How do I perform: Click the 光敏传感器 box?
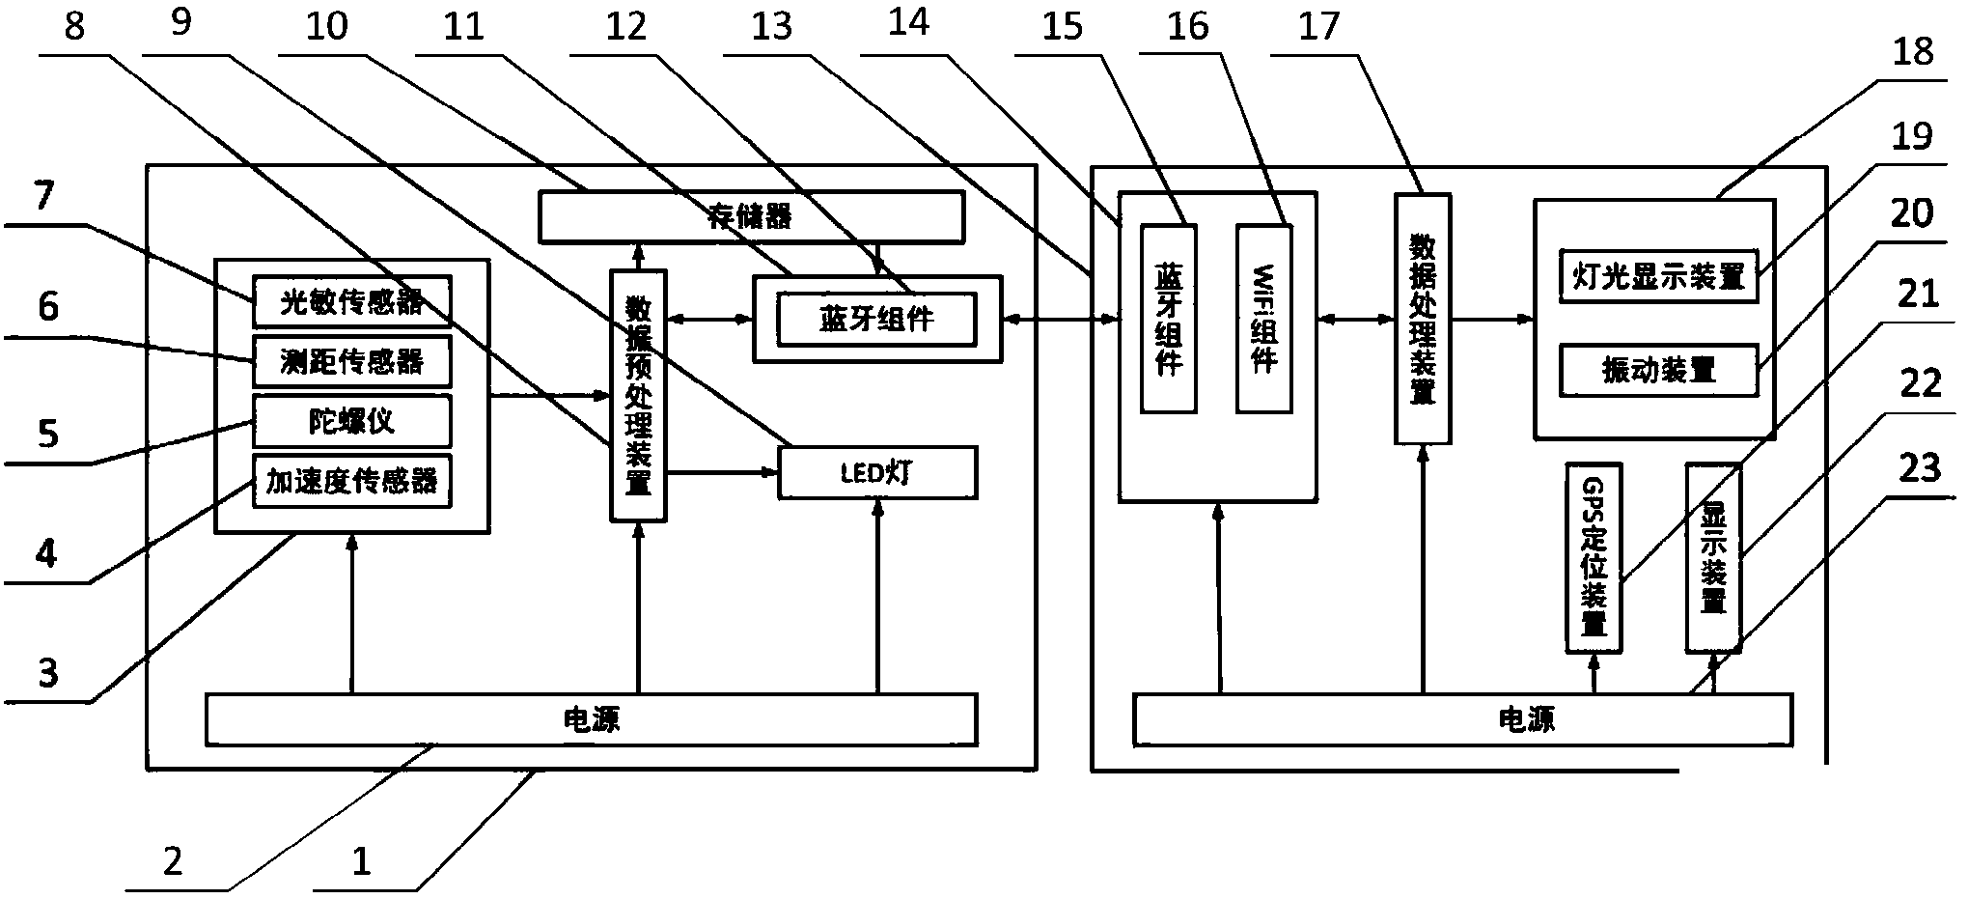point(352,301)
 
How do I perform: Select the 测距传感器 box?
point(352,361)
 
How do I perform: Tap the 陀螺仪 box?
point(352,421)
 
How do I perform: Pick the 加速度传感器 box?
point(352,481)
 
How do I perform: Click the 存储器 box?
point(751,216)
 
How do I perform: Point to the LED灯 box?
point(877,472)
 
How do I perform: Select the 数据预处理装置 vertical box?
point(638,396)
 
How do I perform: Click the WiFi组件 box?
point(1263,320)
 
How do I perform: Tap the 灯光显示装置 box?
point(1658,276)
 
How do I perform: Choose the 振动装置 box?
point(1658,370)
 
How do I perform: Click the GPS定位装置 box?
point(1593,557)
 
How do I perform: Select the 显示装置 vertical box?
point(1713,557)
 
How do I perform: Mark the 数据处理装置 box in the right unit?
point(1423,319)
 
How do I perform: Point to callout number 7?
point(44,196)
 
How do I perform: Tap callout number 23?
point(1919,467)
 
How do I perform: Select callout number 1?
point(361,860)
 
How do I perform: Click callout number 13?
point(771,26)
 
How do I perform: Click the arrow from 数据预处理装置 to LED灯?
point(723,472)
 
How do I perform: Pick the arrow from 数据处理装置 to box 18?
point(1492,319)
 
